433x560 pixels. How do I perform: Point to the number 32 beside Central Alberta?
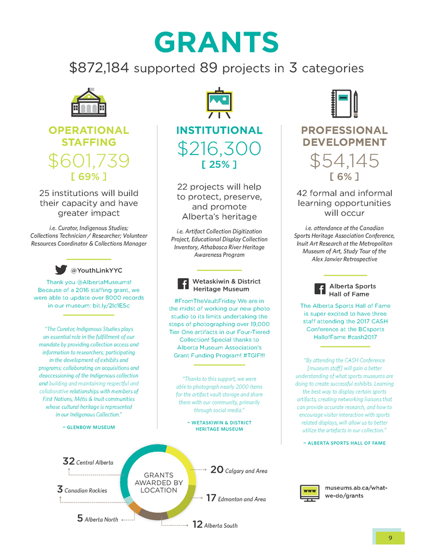tap(68, 461)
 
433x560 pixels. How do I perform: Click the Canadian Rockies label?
tap(86, 491)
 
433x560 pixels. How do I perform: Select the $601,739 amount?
tap(89, 161)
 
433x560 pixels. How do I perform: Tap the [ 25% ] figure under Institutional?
tap(219, 165)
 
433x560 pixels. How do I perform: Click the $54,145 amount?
tap(344, 161)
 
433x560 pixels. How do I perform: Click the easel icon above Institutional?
tap(219, 103)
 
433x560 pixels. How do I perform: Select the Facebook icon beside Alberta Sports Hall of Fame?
tap(320, 289)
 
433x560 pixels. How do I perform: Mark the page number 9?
tap(390, 537)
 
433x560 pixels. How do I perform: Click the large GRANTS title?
tap(216, 42)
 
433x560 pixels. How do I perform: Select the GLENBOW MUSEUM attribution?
tap(89, 427)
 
